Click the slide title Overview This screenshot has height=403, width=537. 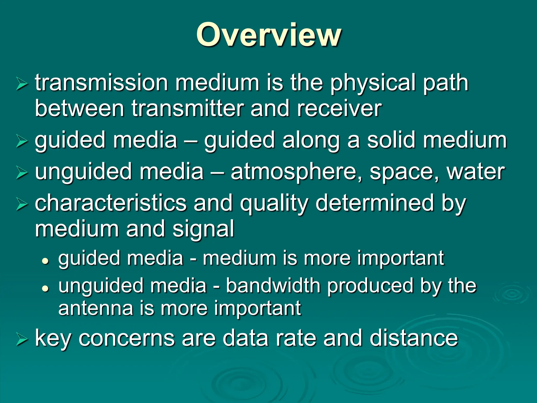click(x=268, y=35)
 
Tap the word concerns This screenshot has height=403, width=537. click(x=126, y=338)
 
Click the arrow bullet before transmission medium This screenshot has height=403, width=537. click(x=22, y=84)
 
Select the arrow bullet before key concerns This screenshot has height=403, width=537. click(x=22, y=340)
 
